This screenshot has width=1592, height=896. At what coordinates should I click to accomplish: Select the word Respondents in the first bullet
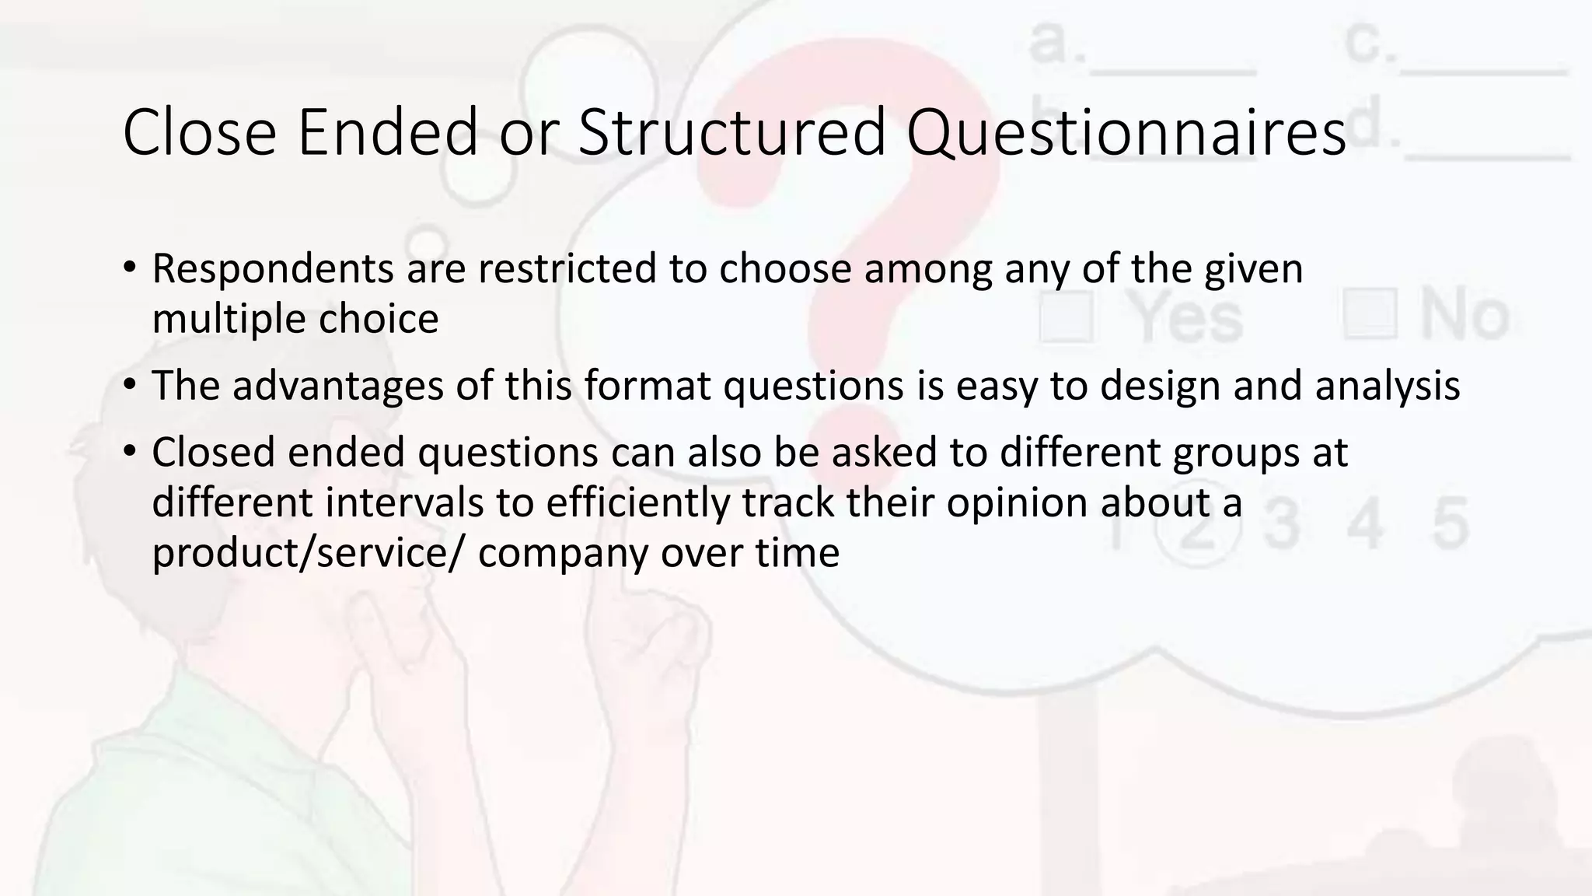click(274, 270)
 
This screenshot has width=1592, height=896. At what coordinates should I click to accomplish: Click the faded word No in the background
click(1465, 315)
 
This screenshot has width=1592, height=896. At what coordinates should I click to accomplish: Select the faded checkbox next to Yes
click(1066, 317)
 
